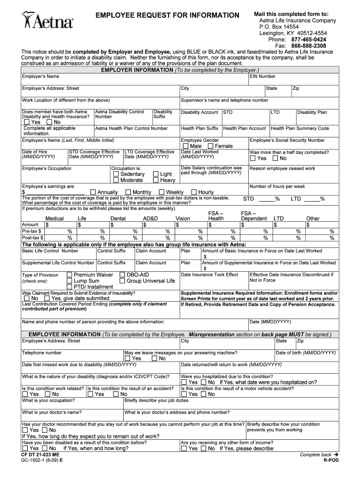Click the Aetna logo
pyautogui.click(x=47, y=21)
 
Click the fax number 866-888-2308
pyautogui.click(x=309, y=46)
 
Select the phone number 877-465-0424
pyautogui.click(x=309, y=40)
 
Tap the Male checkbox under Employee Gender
pyautogui.click(x=186, y=146)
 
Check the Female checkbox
pyautogui.click(x=210, y=146)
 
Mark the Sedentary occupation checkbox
pyautogui.click(x=116, y=174)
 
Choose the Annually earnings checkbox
pyautogui.click(x=93, y=192)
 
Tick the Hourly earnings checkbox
pyautogui.click(x=194, y=192)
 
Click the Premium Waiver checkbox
pyautogui.click(x=69, y=275)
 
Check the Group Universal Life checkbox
pyautogui.click(x=122, y=281)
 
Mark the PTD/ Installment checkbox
pyautogui.click(x=69, y=287)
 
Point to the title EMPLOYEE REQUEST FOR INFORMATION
pyautogui.click(x=167, y=16)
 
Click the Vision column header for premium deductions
pyautogui.click(x=183, y=218)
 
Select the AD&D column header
pyautogui.click(x=150, y=218)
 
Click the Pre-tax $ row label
pyautogui.click(x=31, y=231)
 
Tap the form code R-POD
pyautogui.click(x=331, y=461)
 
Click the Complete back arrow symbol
pyautogui.click(x=335, y=455)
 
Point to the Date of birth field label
pyautogui.click(x=306, y=353)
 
